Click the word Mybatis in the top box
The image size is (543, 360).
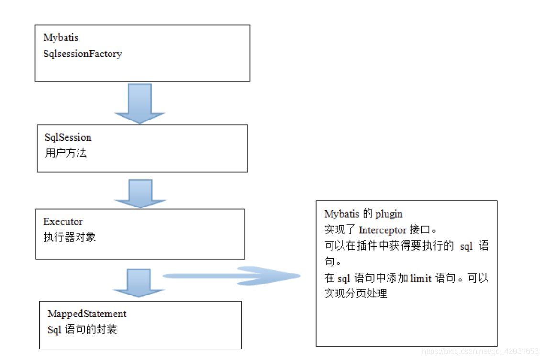coord(61,38)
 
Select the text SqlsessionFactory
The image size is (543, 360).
coord(82,54)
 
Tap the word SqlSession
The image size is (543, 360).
coord(68,138)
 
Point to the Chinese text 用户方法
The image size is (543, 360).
coord(66,153)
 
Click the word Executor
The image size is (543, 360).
coord(63,222)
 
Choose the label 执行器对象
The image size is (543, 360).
coord(69,237)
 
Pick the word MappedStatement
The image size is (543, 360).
coord(87,314)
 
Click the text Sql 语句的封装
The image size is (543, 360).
coord(82,329)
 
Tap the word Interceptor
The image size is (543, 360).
coord(382,230)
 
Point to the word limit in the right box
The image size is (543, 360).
coord(421,278)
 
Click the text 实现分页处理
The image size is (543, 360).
coord(355,294)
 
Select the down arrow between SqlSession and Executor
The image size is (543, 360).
coord(140,194)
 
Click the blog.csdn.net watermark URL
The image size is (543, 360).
coord(480,352)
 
